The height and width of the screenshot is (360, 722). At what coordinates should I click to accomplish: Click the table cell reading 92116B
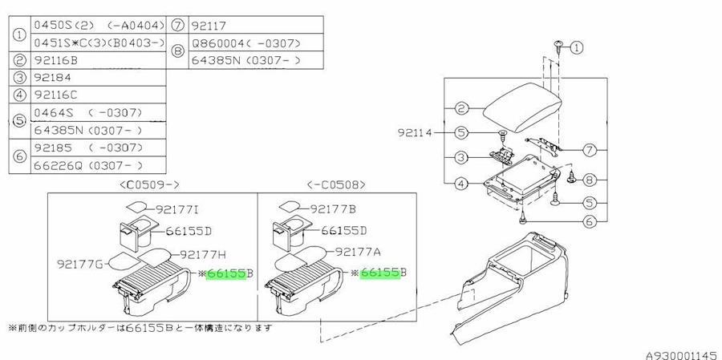click(98, 60)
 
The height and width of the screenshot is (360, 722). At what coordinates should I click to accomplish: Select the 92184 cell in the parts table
click(98, 77)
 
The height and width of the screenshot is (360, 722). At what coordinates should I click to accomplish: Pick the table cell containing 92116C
click(98, 95)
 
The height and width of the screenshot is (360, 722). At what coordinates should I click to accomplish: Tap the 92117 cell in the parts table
click(256, 25)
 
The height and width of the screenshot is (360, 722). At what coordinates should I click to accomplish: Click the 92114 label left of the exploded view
click(416, 133)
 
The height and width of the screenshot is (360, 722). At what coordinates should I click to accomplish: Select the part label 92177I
click(176, 210)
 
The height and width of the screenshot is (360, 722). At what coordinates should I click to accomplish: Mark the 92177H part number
click(202, 254)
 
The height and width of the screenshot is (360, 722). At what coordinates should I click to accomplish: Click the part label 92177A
click(357, 252)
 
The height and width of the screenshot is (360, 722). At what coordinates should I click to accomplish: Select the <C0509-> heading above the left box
click(150, 185)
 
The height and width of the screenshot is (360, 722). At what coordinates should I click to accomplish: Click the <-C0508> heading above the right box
click(336, 185)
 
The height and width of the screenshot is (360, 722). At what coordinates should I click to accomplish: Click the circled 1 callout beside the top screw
click(577, 47)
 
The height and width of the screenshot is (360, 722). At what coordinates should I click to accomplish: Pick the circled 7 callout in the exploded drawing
click(590, 150)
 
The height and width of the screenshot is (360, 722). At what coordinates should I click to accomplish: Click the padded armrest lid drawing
click(522, 107)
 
